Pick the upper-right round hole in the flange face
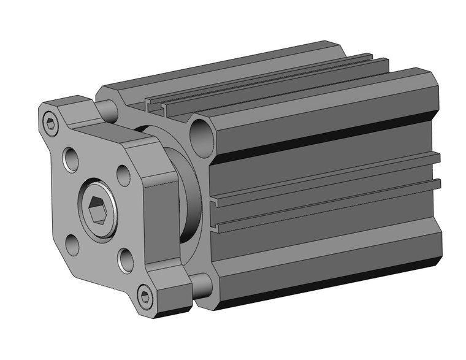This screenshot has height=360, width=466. pos(123,175)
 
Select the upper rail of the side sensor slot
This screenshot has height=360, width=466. pos(325,178)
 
